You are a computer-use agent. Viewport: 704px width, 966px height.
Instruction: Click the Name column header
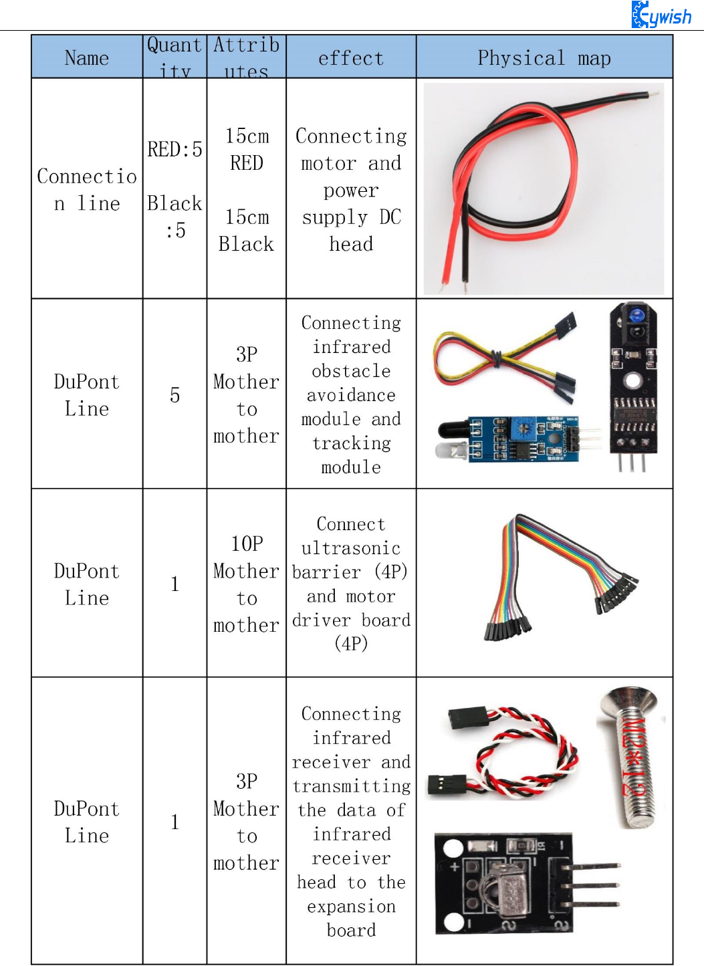(x=87, y=58)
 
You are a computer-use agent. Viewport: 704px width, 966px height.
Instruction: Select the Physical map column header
(x=544, y=58)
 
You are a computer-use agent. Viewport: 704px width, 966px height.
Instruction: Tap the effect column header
(x=351, y=58)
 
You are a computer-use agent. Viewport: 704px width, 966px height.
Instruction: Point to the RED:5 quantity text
(x=174, y=149)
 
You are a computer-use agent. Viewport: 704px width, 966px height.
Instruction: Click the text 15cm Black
(x=247, y=231)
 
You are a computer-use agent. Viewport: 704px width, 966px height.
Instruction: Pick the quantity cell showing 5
(x=174, y=395)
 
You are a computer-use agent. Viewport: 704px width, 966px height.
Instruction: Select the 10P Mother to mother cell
(x=246, y=584)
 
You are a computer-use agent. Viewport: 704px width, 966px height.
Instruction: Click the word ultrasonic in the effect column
(x=351, y=548)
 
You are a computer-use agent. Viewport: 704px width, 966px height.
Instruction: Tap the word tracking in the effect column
(x=352, y=443)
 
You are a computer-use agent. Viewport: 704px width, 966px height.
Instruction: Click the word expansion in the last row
(x=352, y=907)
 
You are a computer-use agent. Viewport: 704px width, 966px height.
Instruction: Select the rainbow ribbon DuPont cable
(x=555, y=575)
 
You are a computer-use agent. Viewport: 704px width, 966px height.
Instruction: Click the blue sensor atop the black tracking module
(x=637, y=315)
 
